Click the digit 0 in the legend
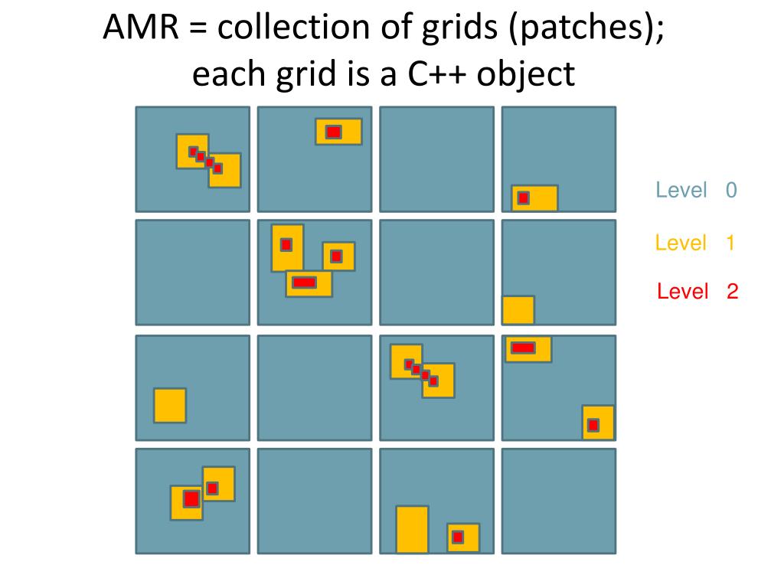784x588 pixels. (x=731, y=190)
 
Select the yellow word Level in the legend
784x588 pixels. (x=681, y=243)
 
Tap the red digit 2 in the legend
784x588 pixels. (x=733, y=291)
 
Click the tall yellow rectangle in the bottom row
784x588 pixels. (x=412, y=529)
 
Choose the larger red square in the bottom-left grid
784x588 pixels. (x=191, y=499)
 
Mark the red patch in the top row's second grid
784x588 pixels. (x=333, y=132)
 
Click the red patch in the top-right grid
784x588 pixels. (x=523, y=198)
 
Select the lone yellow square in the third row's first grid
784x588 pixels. (x=170, y=405)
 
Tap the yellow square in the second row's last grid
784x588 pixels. (x=518, y=309)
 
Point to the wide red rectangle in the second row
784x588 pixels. (x=304, y=283)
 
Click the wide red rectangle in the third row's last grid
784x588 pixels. (x=523, y=348)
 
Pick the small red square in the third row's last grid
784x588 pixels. (x=593, y=425)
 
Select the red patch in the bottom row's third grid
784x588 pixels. (x=457, y=537)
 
